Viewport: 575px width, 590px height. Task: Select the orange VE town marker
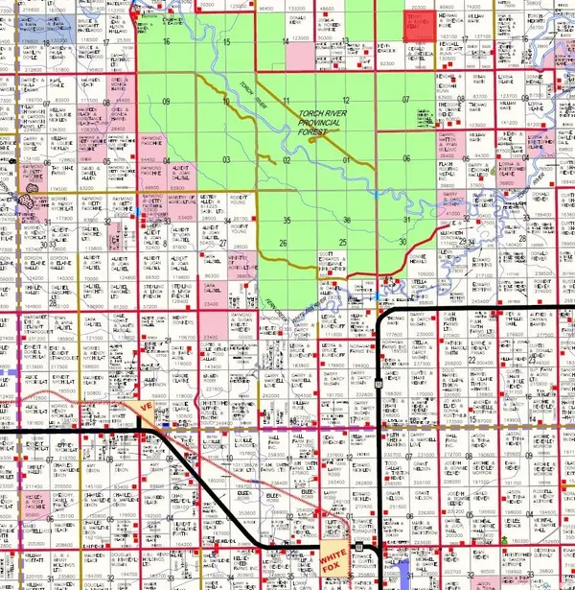[147, 410]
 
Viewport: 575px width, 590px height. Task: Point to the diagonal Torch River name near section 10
[250, 91]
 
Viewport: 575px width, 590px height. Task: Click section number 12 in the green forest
[345, 101]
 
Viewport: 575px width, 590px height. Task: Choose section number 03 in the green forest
[227, 159]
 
